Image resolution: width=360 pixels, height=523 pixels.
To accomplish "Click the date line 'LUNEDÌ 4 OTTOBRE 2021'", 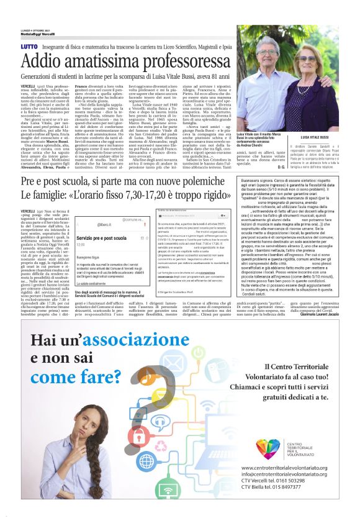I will tap(17, 29).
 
